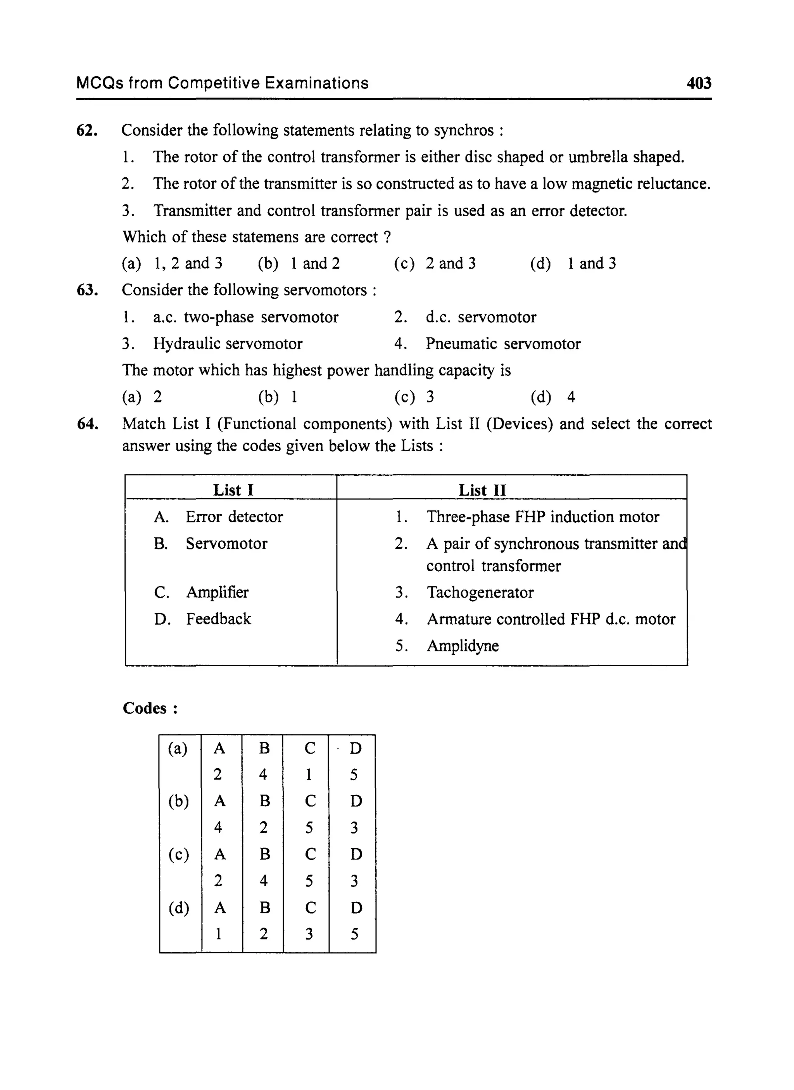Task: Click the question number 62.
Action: (87, 130)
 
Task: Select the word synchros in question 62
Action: (463, 130)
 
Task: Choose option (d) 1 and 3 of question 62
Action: (573, 263)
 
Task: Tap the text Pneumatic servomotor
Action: (503, 343)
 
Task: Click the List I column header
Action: (233, 490)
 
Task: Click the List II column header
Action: (482, 490)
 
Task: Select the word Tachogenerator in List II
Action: (480, 592)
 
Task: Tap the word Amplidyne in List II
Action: (463, 646)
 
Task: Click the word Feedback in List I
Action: (218, 619)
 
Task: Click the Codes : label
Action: (150, 708)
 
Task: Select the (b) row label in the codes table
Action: (178, 801)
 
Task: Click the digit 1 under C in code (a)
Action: (309, 775)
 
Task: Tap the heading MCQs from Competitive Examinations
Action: (222, 83)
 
